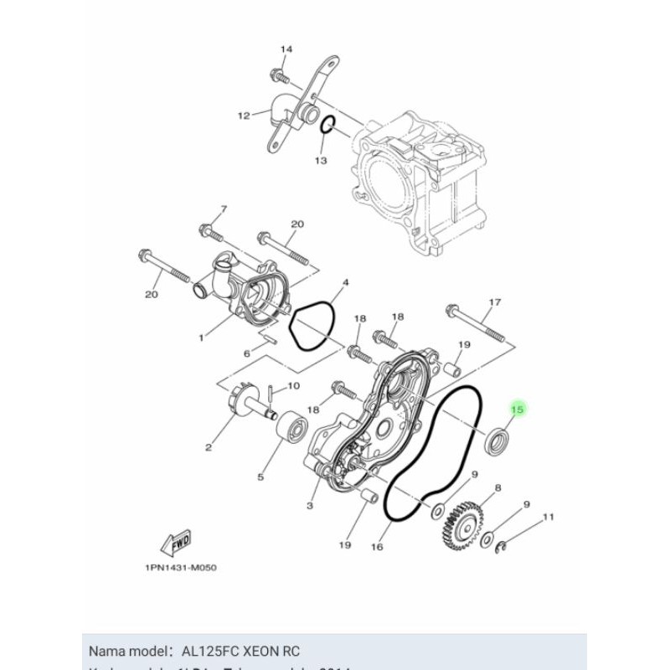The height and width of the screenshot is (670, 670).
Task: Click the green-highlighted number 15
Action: tap(518, 410)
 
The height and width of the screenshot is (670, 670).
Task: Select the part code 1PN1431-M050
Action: tap(180, 567)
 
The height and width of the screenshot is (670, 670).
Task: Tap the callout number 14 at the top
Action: tap(286, 50)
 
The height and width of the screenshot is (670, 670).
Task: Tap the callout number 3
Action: tap(310, 506)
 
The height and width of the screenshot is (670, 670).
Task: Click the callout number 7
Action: tap(201, 209)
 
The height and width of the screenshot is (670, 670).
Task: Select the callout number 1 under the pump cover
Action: tap(202, 338)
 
